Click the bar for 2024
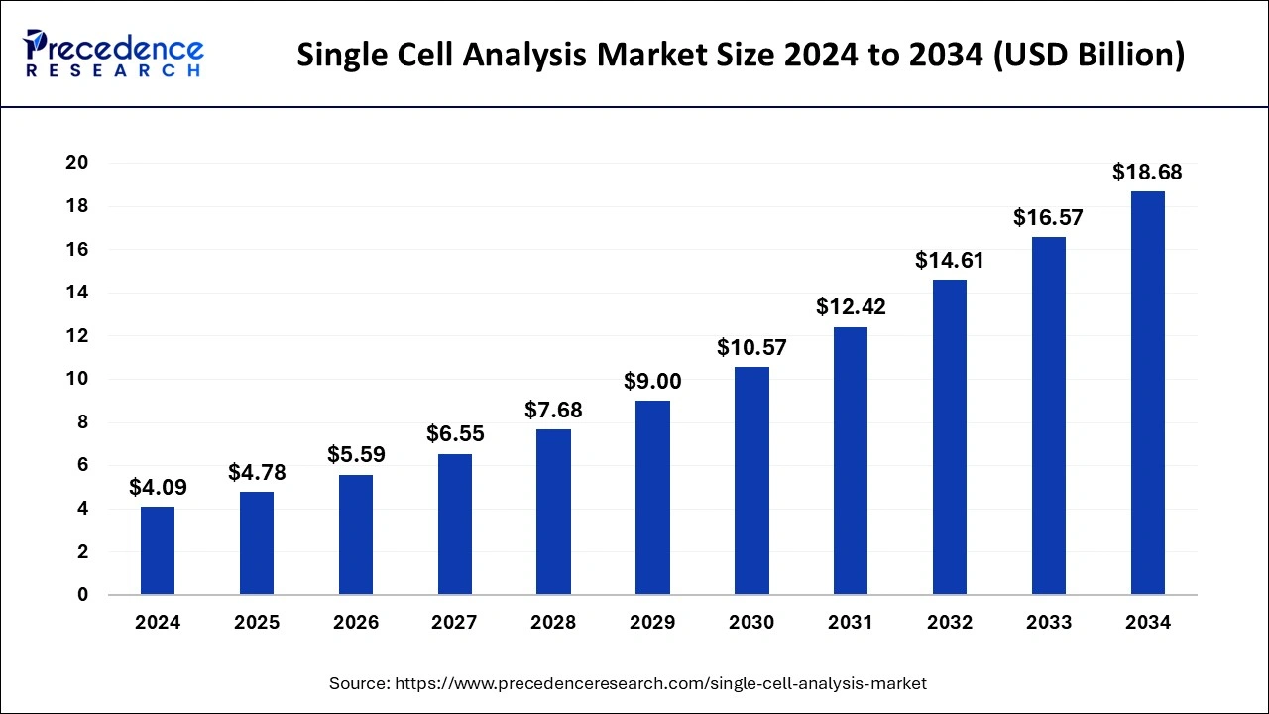click(158, 551)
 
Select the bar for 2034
click(1148, 394)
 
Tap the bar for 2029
click(652, 498)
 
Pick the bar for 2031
click(851, 461)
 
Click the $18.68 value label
click(1147, 173)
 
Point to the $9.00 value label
click(652, 381)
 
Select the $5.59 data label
click(356, 455)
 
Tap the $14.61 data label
click(950, 261)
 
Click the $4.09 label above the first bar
click(158, 487)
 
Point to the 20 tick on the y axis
click(77, 163)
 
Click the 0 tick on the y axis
click(83, 595)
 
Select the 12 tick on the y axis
click(77, 336)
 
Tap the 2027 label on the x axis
click(454, 623)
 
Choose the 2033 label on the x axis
click(1049, 623)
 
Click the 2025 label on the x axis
click(257, 623)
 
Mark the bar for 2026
click(356, 535)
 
